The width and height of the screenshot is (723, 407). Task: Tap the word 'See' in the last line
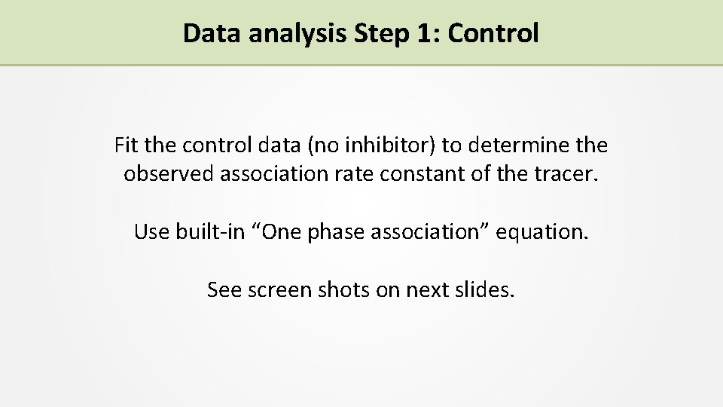pos(223,289)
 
